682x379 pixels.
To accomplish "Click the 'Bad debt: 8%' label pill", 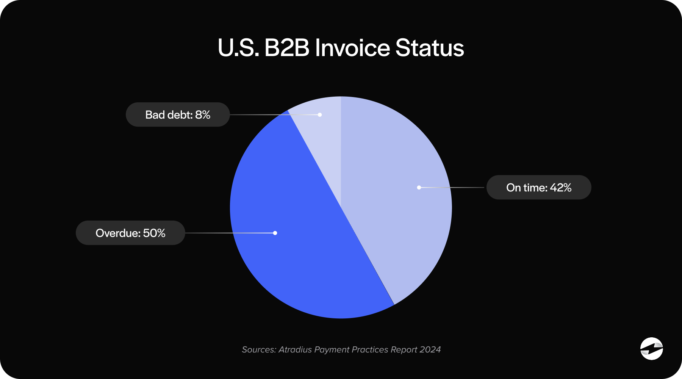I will (x=178, y=114).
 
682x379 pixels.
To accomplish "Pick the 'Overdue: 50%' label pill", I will (x=130, y=233).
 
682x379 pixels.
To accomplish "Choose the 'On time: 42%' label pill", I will (x=539, y=187).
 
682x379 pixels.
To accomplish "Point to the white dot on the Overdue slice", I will (x=275, y=233).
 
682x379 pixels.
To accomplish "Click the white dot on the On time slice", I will (x=419, y=187).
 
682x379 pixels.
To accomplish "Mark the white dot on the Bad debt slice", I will (x=320, y=114).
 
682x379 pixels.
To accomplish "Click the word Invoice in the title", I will (x=352, y=48).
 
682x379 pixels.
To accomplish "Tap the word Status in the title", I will (x=430, y=48).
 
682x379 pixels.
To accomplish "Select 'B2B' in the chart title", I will (x=287, y=48).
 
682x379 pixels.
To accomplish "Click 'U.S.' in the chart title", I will (x=238, y=48).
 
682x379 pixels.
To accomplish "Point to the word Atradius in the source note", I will (x=295, y=349).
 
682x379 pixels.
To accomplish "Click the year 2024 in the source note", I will (x=430, y=349).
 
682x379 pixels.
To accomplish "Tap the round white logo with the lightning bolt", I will (x=651, y=348).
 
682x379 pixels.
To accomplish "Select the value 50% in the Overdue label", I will (x=154, y=233).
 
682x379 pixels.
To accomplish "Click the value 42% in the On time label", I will (x=561, y=187).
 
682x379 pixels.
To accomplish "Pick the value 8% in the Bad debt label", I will (x=203, y=114).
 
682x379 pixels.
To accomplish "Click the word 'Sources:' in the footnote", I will (x=259, y=349).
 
